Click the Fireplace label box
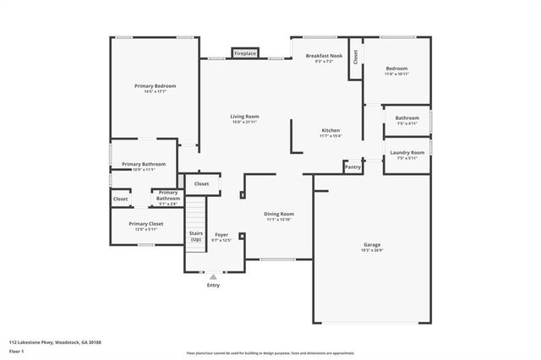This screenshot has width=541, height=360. pos(245,52)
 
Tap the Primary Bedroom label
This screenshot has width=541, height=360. pos(155,86)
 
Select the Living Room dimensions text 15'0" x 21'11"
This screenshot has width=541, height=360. pos(244,123)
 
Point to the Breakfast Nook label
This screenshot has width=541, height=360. pos(324,55)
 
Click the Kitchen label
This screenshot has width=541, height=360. pos(331,130)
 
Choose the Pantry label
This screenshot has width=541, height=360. pos(352,167)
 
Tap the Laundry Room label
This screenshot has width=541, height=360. pos(407,152)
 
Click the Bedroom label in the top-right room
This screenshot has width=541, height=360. pos(396,68)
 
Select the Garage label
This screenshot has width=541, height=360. pos(372,244)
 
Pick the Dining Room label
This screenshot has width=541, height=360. pos(278,214)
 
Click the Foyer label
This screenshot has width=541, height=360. pos(221,234)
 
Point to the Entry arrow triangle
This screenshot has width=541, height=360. pos(213,275)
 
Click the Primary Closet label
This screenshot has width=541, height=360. pos(145,223)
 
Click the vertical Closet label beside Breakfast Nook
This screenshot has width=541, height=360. pos(356,57)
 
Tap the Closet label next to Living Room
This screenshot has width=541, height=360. pos(201,183)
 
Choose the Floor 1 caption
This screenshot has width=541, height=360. pos(17,350)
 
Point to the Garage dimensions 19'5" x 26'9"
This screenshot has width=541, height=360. pos(372,250)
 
